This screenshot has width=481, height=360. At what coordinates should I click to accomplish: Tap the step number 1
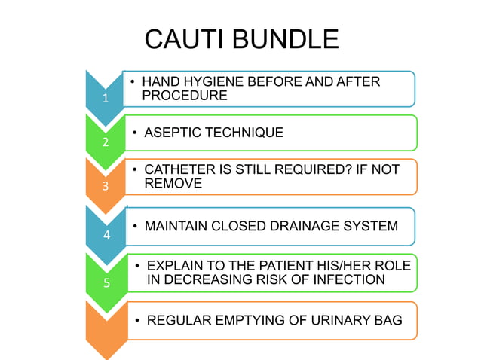tap(106, 98)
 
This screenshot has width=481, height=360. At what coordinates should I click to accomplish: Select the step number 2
tap(106, 142)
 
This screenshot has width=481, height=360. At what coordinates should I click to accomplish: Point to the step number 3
tap(106, 185)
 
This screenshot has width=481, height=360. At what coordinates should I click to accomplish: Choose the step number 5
tap(106, 283)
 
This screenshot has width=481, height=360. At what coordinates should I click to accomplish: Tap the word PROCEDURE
tap(185, 96)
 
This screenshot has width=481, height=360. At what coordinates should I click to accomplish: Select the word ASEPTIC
tap(170, 133)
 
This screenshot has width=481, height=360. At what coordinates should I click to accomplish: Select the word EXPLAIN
tap(175, 266)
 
